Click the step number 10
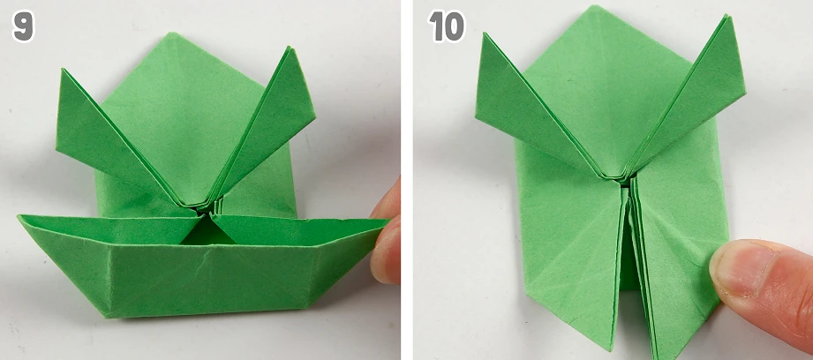[x=447, y=26]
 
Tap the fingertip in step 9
[x=387, y=233]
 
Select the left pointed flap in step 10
[x=539, y=109]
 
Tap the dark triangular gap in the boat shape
[x=207, y=234]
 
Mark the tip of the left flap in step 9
[x=63, y=69]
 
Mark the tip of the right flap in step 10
[x=728, y=16]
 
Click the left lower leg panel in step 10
[x=570, y=249]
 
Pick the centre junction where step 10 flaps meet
[x=625, y=180]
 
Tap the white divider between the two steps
[x=406, y=180]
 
